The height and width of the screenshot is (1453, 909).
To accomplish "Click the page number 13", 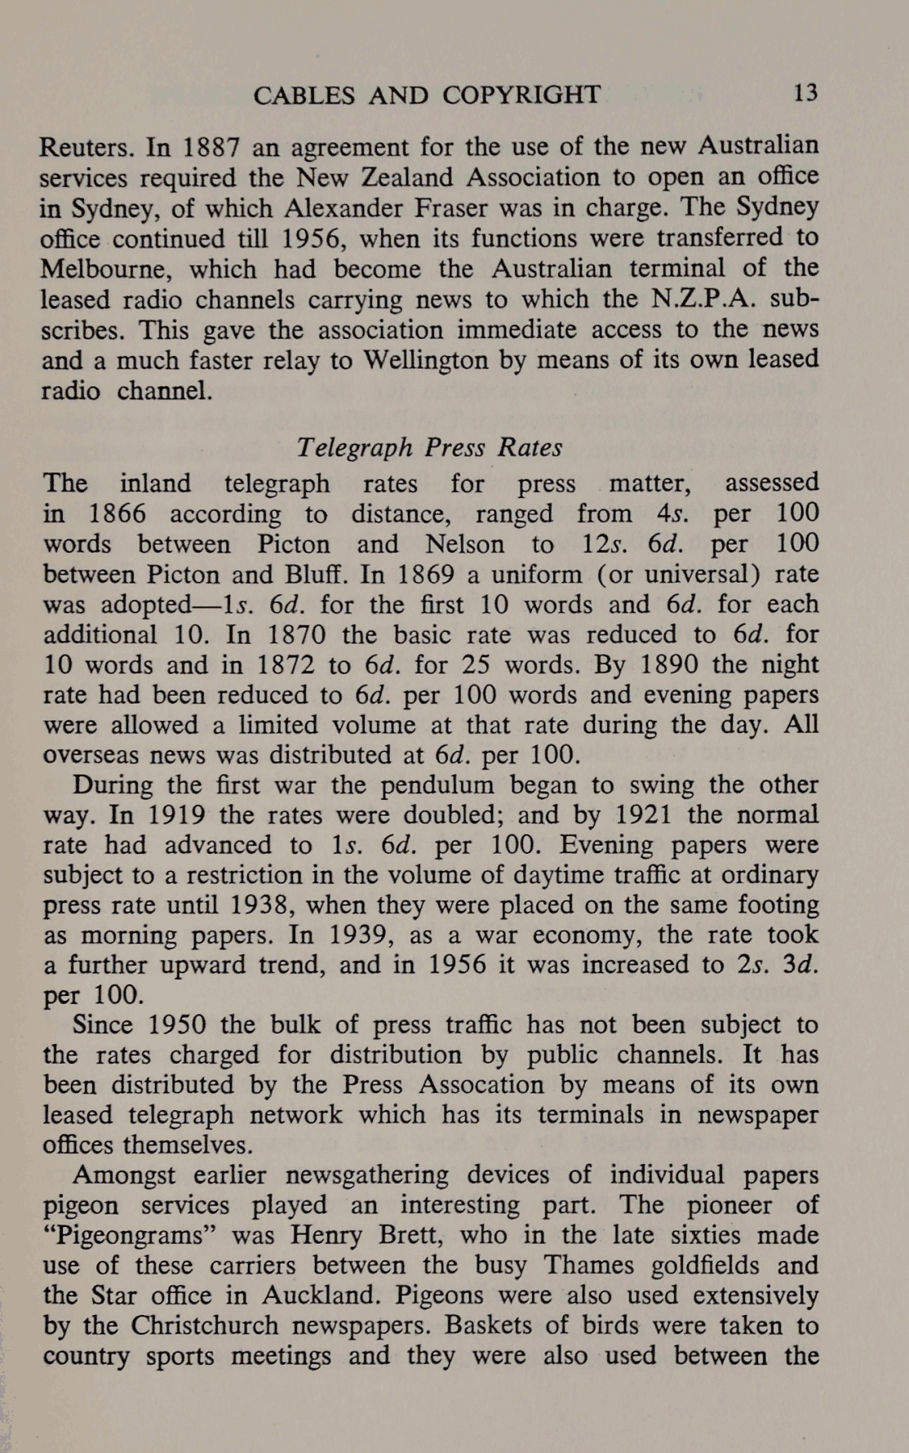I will tap(805, 93).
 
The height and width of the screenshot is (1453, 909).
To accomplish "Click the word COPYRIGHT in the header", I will tap(521, 96).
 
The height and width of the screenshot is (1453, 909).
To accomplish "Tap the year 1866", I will tap(118, 514).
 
